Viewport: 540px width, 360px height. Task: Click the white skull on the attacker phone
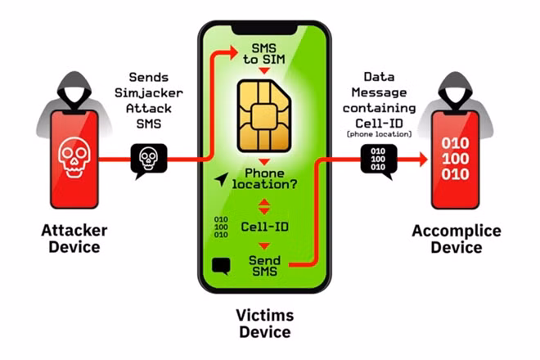pyautogui.click(x=74, y=157)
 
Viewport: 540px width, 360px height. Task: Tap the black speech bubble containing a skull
pyautogui.click(x=149, y=160)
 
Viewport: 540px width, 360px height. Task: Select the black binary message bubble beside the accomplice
pyautogui.click(x=379, y=161)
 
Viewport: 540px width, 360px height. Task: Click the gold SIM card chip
pyautogui.click(x=264, y=115)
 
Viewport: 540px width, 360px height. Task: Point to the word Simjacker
pyautogui.click(x=149, y=92)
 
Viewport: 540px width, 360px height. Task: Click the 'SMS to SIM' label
pyautogui.click(x=264, y=54)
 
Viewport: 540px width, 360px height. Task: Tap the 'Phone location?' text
pyautogui.click(x=264, y=178)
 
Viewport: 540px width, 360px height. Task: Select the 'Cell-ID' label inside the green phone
pyautogui.click(x=264, y=227)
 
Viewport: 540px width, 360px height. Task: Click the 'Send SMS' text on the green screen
pyautogui.click(x=264, y=266)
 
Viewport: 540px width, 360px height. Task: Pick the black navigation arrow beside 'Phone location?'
pyautogui.click(x=222, y=179)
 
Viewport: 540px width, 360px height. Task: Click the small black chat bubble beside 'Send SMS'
pyautogui.click(x=221, y=266)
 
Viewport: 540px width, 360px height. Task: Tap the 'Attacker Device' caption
pyautogui.click(x=74, y=239)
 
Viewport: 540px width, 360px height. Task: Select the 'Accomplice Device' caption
pyautogui.click(x=457, y=239)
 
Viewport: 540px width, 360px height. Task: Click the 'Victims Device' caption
pyautogui.click(x=264, y=324)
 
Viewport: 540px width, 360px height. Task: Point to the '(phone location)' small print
pyautogui.click(x=379, y=134)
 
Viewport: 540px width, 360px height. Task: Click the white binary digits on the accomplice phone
pyautogui.click(x=455, y=159)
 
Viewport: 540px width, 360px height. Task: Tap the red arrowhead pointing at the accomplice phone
pyautogui.click(x=423, y=160)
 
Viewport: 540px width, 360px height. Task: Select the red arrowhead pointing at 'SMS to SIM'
pyautogui.click(x=234, y=52)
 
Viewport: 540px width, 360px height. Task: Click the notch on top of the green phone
pyautogui.click(x=264, y=29)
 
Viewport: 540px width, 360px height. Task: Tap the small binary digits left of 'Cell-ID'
pyautogui.click(x=221, y=227)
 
